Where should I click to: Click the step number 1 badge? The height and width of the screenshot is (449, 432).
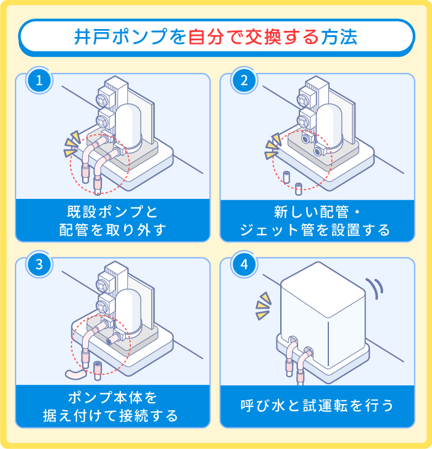(x=39, y=81)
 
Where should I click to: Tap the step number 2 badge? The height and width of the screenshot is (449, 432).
(x=244, y=81)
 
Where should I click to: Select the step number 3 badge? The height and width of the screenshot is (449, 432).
(x=39, y=265)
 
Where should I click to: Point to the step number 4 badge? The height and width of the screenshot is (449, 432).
(x=244, y=265)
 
